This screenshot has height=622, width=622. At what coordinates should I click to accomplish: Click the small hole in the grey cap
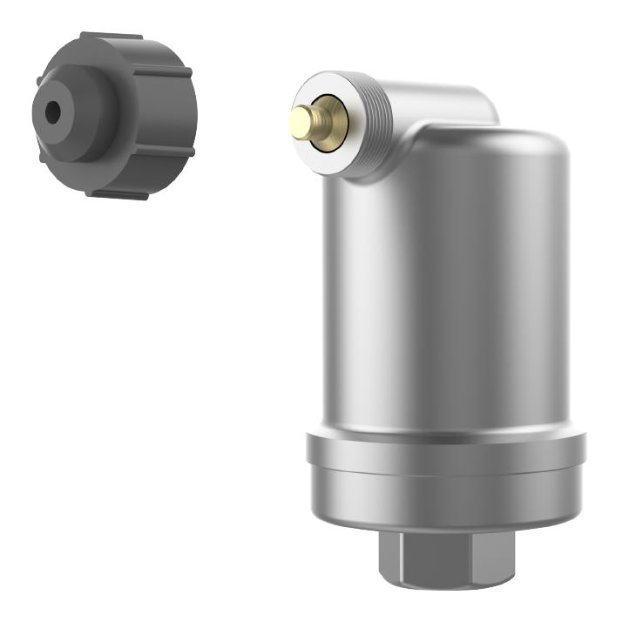52,112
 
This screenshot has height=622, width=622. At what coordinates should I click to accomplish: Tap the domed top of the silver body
488,152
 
